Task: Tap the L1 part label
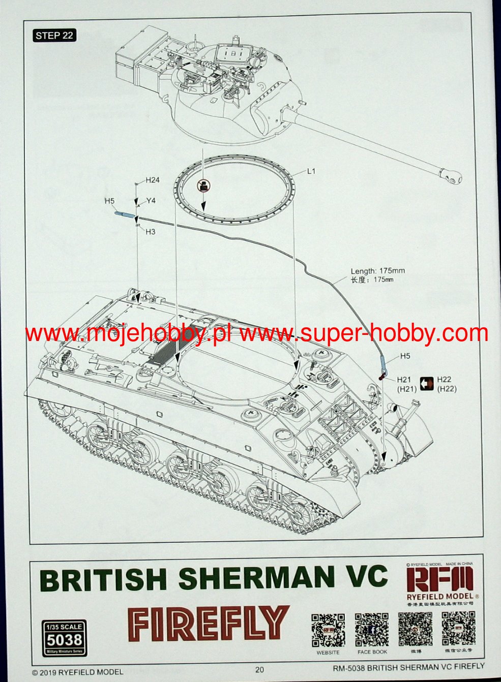coord(311,171)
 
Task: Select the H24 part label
coord(153,180)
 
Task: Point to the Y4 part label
coord(151,201)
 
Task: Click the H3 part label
coord(150,232)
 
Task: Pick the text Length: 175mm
coord(377,271)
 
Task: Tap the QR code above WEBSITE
coord(328,630)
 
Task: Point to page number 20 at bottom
coord(260,669)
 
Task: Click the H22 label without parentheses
coord(444,379)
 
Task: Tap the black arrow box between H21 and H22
coord(426,384)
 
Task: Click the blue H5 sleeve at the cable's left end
coord(123,214)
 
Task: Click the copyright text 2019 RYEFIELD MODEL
coord(77,672)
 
